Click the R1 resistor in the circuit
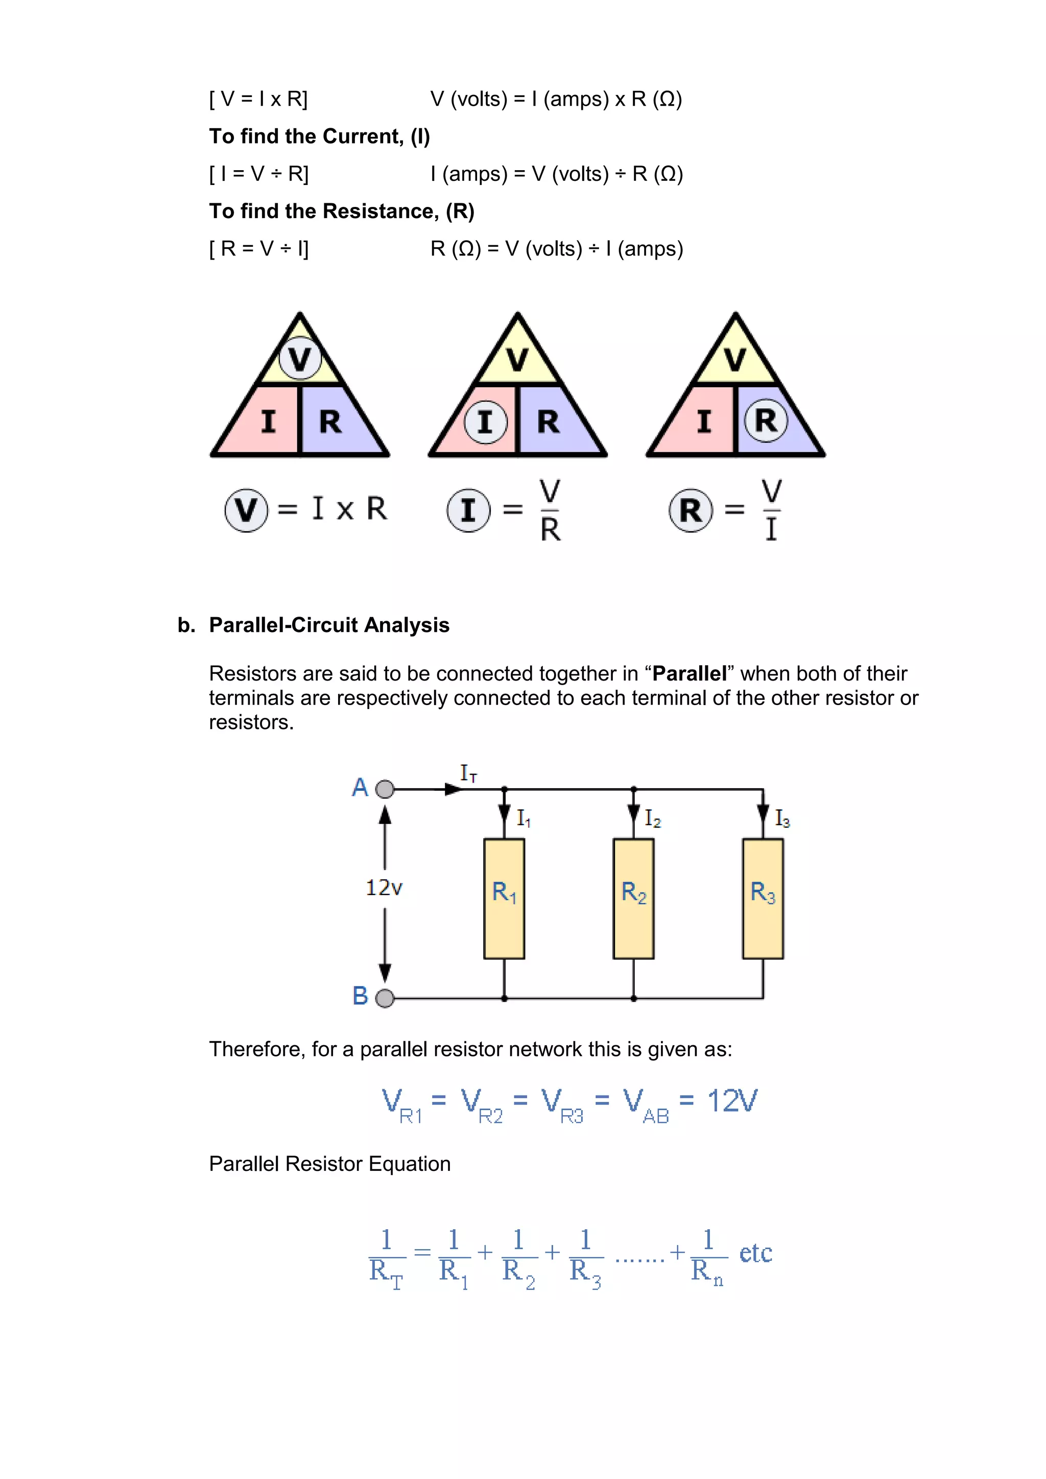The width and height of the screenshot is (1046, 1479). (x=504, y=899)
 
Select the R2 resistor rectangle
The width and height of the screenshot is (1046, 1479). (x=633, y=899)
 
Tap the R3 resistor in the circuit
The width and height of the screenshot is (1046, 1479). (x=763, y=899)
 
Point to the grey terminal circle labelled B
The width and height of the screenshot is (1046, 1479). (x=385, y=998)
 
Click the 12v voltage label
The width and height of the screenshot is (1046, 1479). (x=384, y=888)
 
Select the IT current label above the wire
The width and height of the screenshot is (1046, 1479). (x=468, y=773)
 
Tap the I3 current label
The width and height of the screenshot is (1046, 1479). (x=782, y=819)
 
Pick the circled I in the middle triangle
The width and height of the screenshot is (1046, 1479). (x=486, y=422)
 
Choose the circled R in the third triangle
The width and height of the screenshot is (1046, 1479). (x=765, y=421)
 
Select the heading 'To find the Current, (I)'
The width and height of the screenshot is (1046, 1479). (x=319, y=136)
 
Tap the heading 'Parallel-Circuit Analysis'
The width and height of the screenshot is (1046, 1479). (x=329, y=625)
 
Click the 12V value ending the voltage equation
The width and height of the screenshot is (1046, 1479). (x=732, y=1101)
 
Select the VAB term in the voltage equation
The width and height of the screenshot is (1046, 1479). (x=646, y=1104)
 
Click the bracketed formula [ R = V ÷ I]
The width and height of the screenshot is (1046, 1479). (x=259, y=249)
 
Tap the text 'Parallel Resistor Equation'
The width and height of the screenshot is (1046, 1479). (x=330, y=1164)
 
